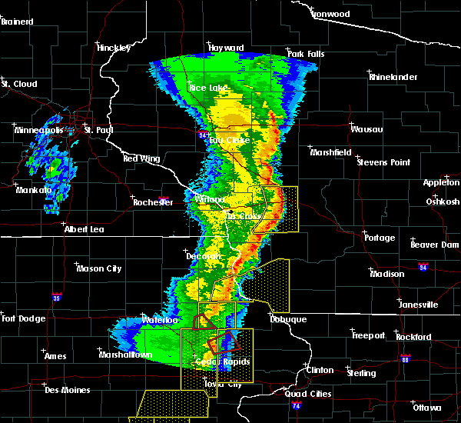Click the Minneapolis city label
point(38,130)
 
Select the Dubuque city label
point(288,319)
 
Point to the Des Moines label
point(67,390)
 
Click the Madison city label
point(386,274)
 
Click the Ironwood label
point(330,15)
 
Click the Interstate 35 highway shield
point(56,295)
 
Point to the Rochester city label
point(152,202)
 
